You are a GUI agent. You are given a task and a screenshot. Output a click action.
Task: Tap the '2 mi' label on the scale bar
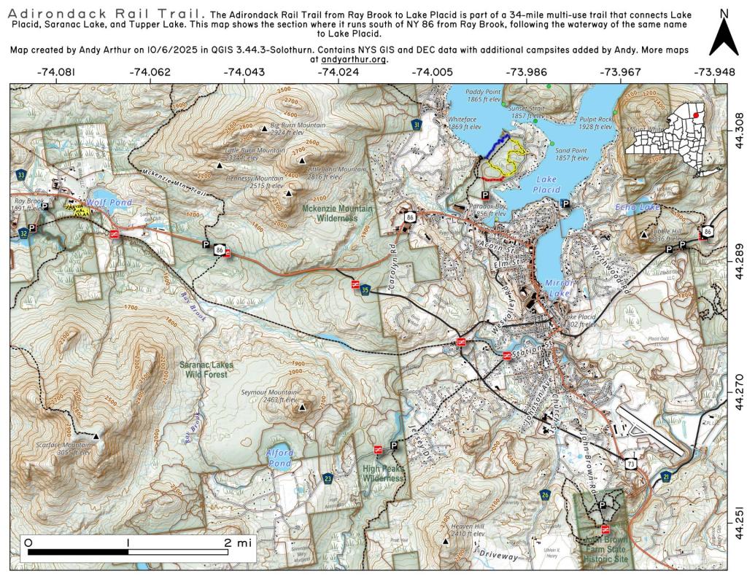tap(238, 542)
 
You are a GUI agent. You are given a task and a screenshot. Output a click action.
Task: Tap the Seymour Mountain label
tap(269, 396)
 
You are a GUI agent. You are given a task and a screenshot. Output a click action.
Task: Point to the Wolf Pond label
tap(101, 202)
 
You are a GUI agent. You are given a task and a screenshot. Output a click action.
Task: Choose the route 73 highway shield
tap(630, 462)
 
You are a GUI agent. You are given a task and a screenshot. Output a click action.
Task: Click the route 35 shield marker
tap(365, 290)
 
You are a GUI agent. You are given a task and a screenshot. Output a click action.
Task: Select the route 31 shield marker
tap(417, 126)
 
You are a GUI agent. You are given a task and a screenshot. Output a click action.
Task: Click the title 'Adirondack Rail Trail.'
tap(106, 14)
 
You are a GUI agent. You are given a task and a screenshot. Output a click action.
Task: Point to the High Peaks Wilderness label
tap(383, 474)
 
